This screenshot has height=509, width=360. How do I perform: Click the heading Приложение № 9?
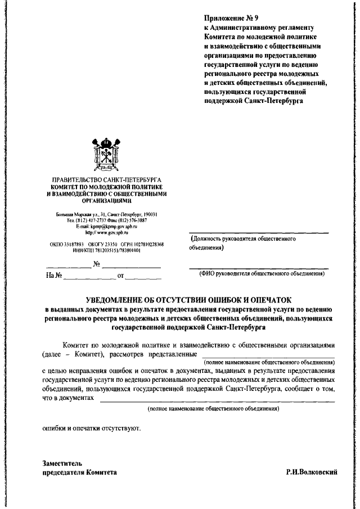coord(228,18)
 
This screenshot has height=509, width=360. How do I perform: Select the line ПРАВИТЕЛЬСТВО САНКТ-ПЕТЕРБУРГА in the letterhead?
coord(106,179)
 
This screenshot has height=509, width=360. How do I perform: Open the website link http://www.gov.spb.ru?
coord(106,231)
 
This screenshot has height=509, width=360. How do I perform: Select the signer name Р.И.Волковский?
coord(312,473)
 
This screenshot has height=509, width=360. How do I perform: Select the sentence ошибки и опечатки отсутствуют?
coord(92,428)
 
